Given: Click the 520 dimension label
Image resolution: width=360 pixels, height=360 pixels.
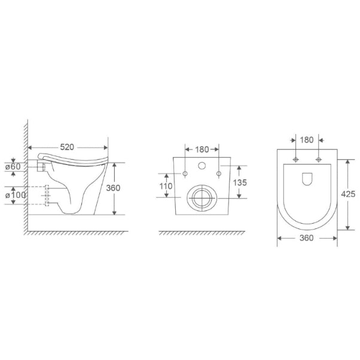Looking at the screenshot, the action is [x=67, y=147].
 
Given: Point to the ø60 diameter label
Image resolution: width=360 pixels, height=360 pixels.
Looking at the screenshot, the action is [x=13, y=167].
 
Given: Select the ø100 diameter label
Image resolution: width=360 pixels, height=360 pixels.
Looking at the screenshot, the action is [x=16, y=195].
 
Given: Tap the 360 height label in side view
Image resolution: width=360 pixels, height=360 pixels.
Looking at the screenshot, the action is [x=113, y=188].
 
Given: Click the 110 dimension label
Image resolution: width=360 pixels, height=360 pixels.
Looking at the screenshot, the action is [x=166, y=186].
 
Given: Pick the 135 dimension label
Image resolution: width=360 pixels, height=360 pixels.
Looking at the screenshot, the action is [x=240, y=182].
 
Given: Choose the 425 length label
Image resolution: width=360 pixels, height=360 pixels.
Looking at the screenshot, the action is [x=348, y=194].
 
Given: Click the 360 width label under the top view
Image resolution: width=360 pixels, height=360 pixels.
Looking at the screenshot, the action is [x=307, y=238].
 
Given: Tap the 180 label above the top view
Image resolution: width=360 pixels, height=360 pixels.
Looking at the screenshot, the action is [x=307, y=140].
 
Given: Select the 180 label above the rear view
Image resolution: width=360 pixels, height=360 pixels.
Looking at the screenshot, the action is [x=202, y=150].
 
